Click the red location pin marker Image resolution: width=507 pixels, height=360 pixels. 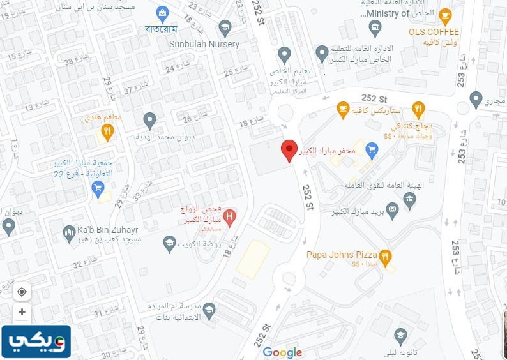(289, 150)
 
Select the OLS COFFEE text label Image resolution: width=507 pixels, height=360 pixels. (434, 32)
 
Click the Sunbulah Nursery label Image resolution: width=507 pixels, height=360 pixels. (204, 44)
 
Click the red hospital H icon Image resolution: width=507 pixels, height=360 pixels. (230, 215)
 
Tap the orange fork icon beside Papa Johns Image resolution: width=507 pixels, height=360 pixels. (384, 255)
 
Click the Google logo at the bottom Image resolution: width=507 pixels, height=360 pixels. (282, 352)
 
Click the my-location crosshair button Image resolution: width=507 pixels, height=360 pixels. (22, 292)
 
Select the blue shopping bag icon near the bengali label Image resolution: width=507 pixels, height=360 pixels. (162, 12)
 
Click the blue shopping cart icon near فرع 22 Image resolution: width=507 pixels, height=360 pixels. (98, 188)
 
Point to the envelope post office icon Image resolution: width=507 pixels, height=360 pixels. (392, 209)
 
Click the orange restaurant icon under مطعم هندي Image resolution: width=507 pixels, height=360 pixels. (107, 131)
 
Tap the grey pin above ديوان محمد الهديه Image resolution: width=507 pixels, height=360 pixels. (149, 119)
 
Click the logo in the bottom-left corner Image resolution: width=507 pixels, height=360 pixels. (36, 342)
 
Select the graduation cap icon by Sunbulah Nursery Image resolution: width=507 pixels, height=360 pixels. (224, 27)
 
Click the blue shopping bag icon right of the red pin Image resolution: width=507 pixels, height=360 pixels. (372, 151)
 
